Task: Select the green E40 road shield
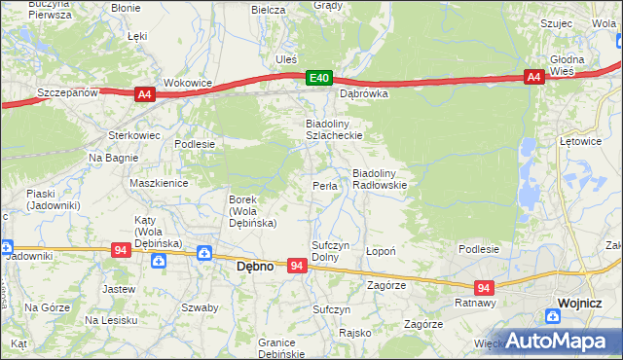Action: point(318,77)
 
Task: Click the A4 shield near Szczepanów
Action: point(144,93)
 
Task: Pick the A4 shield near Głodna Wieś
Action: point(533,77)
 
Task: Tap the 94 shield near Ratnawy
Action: point(484,288)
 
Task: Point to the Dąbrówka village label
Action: point(363,95)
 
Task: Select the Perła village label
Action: point(324,186)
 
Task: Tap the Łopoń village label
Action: point(380,251)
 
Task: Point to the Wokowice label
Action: point(188,84)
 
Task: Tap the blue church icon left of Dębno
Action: point(204,254)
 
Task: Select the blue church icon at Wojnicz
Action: point(552,314)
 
